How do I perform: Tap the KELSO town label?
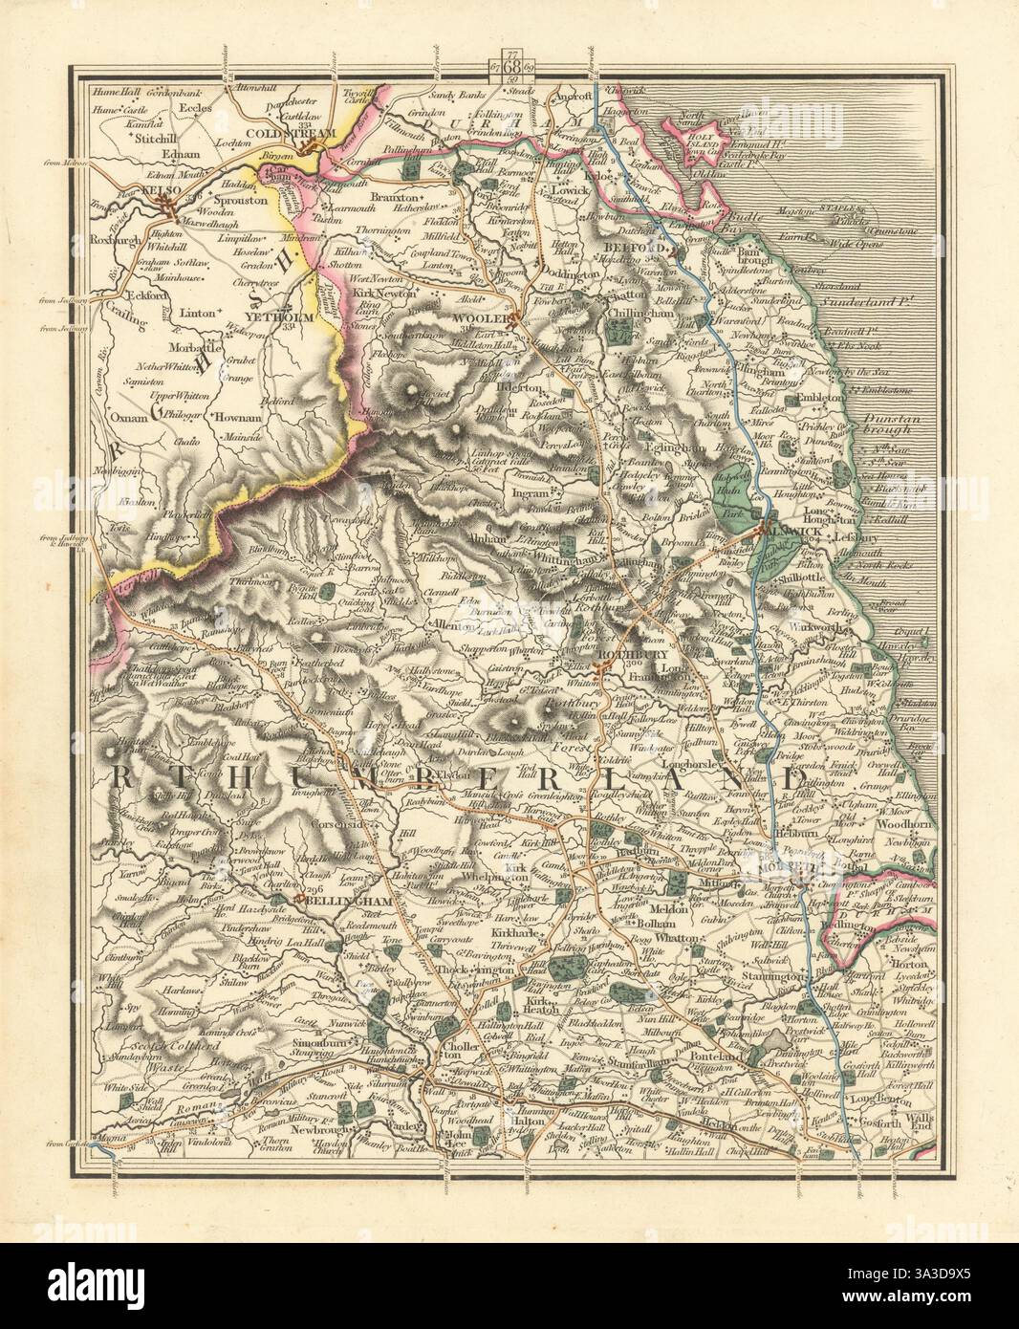[133, 192]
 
